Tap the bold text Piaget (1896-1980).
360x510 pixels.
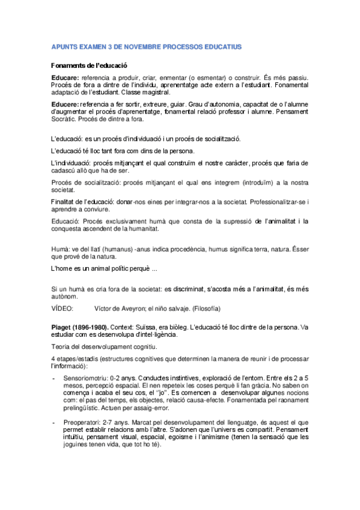pyautogui.click(x=84, y=327)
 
